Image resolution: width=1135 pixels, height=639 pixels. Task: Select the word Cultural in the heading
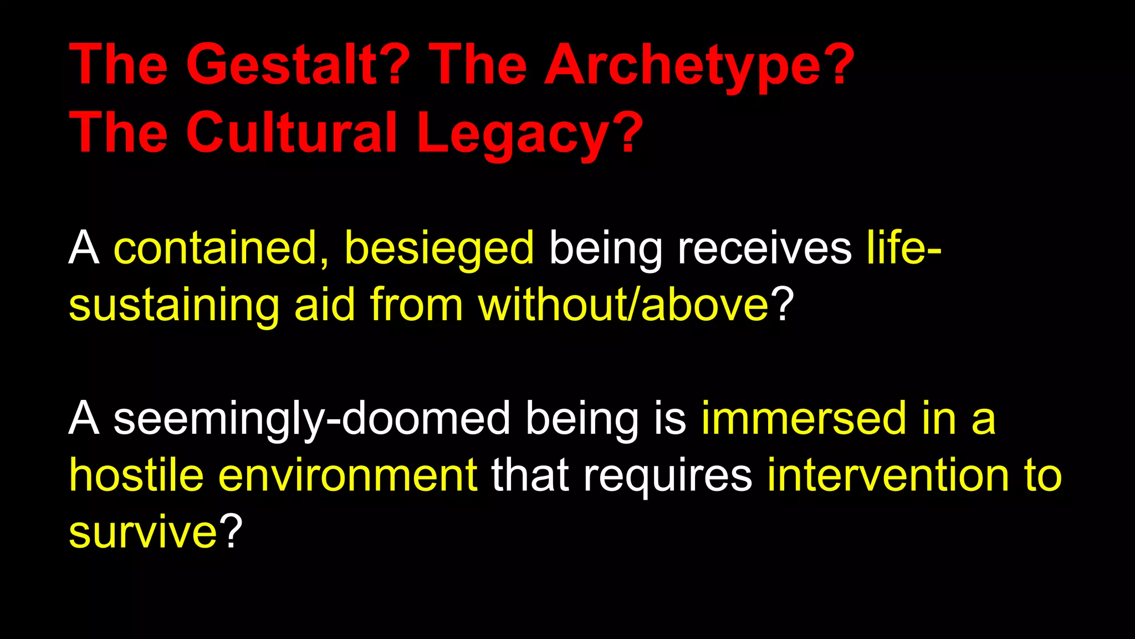292,133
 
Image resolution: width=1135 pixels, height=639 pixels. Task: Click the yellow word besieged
439,248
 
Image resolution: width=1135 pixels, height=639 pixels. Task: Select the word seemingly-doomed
311,419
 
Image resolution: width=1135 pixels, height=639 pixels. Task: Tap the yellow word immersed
804,419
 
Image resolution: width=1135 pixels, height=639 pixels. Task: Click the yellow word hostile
136,475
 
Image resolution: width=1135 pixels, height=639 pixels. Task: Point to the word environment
348,475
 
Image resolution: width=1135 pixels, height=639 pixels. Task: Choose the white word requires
667,475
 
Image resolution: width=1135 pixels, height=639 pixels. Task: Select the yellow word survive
143,532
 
